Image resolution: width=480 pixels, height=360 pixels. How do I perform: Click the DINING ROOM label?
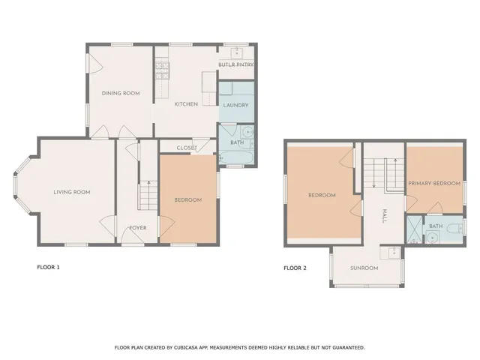[x=121, y=93]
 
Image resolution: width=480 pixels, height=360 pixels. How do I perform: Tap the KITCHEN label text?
[x=186, y=104]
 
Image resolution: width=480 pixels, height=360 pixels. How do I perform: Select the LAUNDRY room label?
[x=235, y=105]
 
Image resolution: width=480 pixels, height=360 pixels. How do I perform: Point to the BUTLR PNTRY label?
[x=235, y=64]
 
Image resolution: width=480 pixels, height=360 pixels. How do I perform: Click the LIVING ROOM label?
[x=72, y=192]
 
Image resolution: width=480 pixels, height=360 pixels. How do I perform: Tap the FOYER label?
[x=137, y=227]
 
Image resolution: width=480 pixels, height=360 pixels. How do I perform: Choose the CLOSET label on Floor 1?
[x=187, y=148]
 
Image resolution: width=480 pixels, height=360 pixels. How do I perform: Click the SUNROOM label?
[x=364, y=268]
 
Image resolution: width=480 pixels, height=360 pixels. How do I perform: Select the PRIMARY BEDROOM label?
[x=433, y=183]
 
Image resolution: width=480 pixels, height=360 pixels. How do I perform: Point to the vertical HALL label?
[x=383, y=217]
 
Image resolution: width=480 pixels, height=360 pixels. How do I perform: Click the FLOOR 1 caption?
[x=48, y=267]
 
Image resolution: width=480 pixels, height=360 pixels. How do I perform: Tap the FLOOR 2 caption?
[x=295, y=268]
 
